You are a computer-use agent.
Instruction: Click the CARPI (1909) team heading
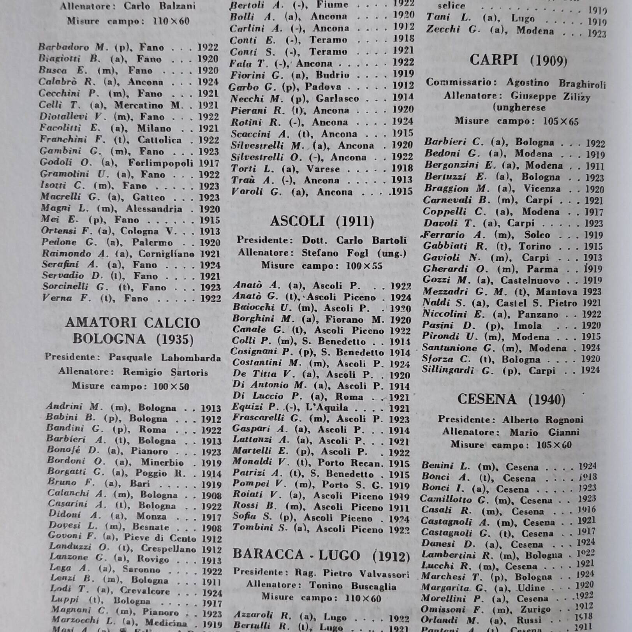[518, 60]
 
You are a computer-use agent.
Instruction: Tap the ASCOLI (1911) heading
[322, 221]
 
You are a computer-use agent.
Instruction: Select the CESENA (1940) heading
[511, 399]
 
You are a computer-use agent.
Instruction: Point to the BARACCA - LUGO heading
[321, 555]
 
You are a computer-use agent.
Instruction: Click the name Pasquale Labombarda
[165, 357]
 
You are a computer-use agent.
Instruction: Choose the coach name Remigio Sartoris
[165, 372]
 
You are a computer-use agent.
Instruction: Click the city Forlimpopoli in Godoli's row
[161, 163]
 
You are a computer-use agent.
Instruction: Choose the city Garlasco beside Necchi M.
[337, 98]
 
